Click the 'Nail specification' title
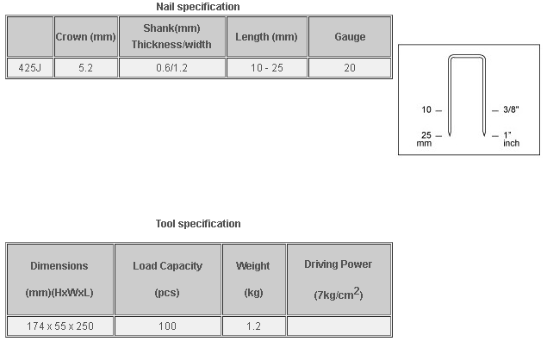click(x=198, y=7)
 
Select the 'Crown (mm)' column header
click(x=86, y=37)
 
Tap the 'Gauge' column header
click(x=350, y=37)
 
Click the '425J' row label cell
click(x=30, y=68)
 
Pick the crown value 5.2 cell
click(x=86, y=68)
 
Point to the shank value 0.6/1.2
click(x=172, y=68)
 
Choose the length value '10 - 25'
click(x=267, y=68)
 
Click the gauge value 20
click(x=350, y=68)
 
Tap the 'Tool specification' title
click(x=198, y=224)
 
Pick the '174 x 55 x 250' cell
click(x=60, y=326)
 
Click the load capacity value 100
click(x=168, y=326)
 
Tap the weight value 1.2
click(x=253, y=326)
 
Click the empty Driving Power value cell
click(x=339, y=326)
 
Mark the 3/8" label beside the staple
click(x=511, y=109)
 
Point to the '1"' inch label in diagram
click(x=507, y=135)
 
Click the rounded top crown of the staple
click(x=467, y=55)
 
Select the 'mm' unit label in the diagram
click(x=424, y=143)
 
